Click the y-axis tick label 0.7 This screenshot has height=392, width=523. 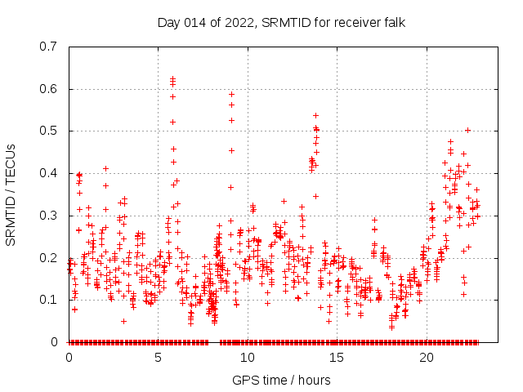click(x=51, y=46)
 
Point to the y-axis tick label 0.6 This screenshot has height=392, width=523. click(x=51, y=88)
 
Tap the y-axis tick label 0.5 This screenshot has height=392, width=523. click(x=51, y=131)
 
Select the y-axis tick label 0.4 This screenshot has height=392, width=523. click(x=51, y=173)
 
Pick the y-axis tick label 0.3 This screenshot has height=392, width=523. click(x=51, y=215)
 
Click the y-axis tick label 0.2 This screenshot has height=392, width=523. click(x=51, y=257)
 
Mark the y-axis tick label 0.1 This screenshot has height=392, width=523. click(x=51, y=300)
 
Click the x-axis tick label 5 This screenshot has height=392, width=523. click(x=158, y=358)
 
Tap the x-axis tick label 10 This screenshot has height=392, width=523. click(x=247, y=358)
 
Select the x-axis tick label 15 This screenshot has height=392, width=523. click(x=337, y=358)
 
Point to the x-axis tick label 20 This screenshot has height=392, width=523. click(x=426, y=358)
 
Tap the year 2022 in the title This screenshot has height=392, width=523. click(x=238, y=22)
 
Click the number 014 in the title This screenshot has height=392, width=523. click(x=196, y=22)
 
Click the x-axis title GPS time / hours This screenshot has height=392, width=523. click(x=281, y=380)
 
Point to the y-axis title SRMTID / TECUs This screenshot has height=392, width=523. click(x=11, y=194)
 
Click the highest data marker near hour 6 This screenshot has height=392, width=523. click(x=172, y=79)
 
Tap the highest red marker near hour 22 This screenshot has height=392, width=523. click(x=467, y=130)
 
